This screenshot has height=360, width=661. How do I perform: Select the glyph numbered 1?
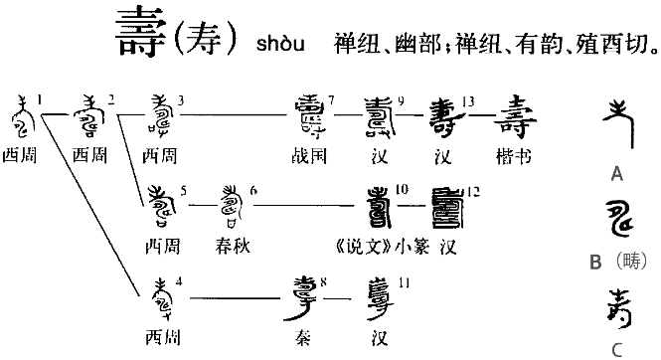(x=20, y=116)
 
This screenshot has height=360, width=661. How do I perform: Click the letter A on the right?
(x=616, y=175)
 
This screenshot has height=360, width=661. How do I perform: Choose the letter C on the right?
(x=617, y=349)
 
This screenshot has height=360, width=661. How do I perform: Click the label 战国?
(x=309, y=155)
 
